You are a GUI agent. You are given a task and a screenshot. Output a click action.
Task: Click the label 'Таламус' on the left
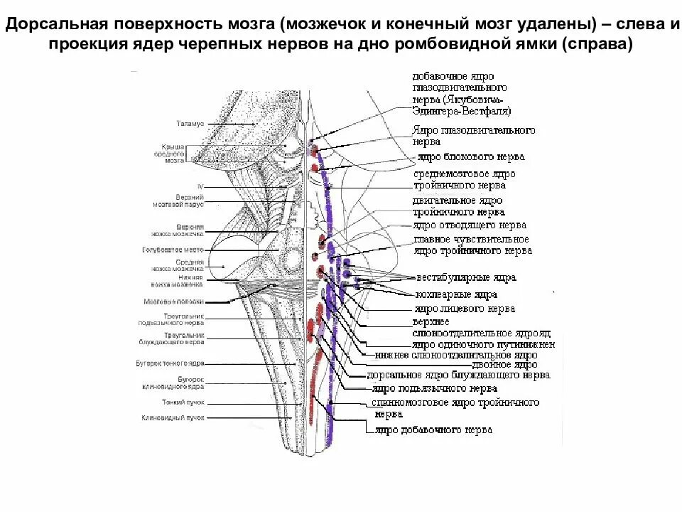point(190,124)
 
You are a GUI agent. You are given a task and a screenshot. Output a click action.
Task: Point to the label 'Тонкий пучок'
point(184,402)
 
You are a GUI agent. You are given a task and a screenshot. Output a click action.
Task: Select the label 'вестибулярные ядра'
point(466,278)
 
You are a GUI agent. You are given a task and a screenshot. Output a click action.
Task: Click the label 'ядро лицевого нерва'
point(464,309)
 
